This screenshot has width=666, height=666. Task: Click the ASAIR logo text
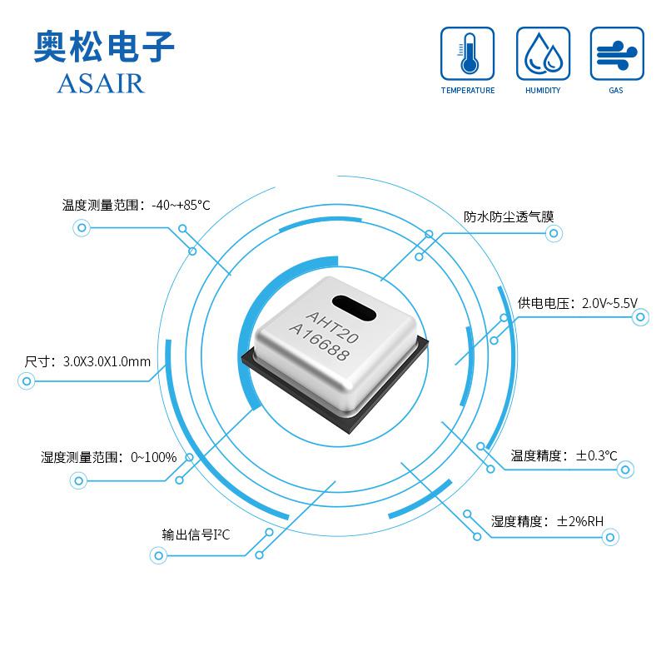click(101, 83)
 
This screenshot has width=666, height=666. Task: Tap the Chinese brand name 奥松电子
click(104, 47)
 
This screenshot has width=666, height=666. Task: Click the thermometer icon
click(467, 53)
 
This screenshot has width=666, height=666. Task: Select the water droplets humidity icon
click(543, 53)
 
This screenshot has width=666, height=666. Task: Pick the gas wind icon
click(617, 53)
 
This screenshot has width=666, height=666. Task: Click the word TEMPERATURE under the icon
click(468, 90)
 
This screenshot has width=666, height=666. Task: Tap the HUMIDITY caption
click(543, 90)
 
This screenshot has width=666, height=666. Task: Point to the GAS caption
click(616, 90)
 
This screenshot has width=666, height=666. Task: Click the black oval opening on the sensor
click(354, 308)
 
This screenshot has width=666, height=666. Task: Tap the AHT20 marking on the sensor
click(332, 326)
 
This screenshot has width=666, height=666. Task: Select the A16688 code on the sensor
click(319, 341)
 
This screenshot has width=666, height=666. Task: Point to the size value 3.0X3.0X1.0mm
click(107, 361)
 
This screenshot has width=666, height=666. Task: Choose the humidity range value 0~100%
click(154, 457)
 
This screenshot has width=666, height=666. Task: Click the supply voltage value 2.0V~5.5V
click(609, 303)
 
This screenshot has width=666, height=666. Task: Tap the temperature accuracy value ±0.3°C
click(596, 455)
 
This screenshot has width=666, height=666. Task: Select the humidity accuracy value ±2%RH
click(579, 521)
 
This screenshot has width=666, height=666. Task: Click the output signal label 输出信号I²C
click(196, 534)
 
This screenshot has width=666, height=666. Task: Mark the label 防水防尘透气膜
click(509, 216)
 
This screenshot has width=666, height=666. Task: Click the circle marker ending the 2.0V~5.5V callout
click(640, 317)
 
